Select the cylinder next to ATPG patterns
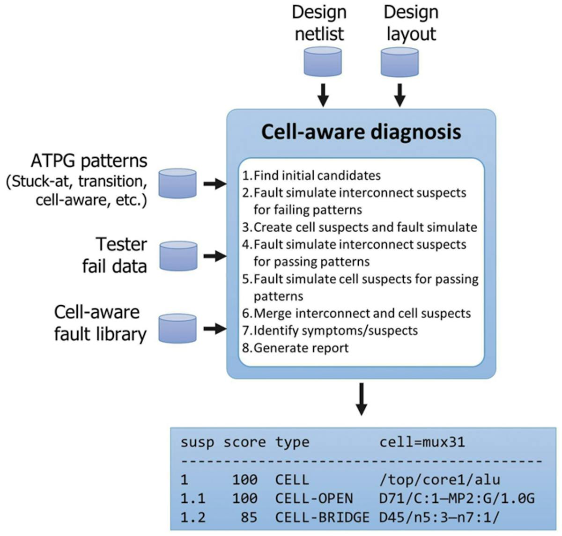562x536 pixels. [x=177, y=184]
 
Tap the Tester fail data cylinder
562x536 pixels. [x=178, y=256]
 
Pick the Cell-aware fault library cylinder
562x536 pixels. [x=177, y=329]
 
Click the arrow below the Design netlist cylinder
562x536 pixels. [x=323, y=95]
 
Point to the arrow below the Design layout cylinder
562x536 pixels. [x=399, y=95]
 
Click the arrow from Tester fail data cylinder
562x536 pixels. [x=215, y=256]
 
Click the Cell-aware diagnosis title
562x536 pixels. [x=361, y=132]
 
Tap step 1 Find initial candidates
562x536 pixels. [x=311, y=176]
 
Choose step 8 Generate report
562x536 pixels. [x=296, y=348]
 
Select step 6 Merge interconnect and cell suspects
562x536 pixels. [x=356, y=313]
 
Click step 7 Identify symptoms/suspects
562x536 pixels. [x=330, y=330]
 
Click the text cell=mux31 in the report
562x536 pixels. [x=422, y=442]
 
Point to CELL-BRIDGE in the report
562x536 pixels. [x=322, y=517]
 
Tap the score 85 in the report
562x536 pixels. [x=249, y=517]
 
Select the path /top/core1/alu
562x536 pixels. [x=439, y=479]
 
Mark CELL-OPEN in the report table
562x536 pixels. [x=314, y=499]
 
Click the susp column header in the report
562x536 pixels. [x=197, y=442]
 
